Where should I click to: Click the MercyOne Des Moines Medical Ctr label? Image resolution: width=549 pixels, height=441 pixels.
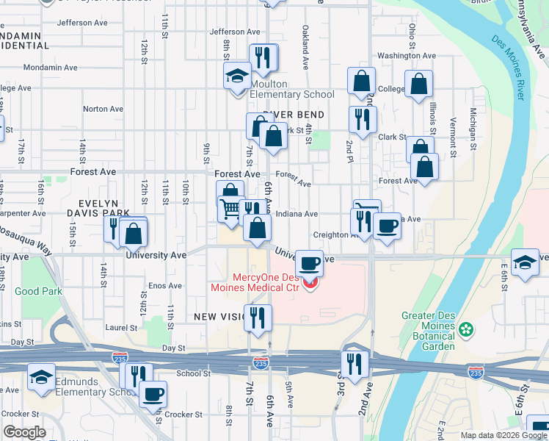266,282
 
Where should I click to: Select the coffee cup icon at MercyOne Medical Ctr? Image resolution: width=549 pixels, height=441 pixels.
310,262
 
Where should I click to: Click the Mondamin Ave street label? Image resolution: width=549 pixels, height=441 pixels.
51,68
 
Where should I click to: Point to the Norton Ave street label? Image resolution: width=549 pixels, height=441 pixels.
103,109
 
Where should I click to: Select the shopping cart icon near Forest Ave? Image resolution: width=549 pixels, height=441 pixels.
230,209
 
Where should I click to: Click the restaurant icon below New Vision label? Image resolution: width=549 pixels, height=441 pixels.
257,318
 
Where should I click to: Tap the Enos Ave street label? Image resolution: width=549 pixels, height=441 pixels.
165,285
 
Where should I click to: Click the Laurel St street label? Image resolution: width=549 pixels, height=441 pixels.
121,328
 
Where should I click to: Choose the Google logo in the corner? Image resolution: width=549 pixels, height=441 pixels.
25,432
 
